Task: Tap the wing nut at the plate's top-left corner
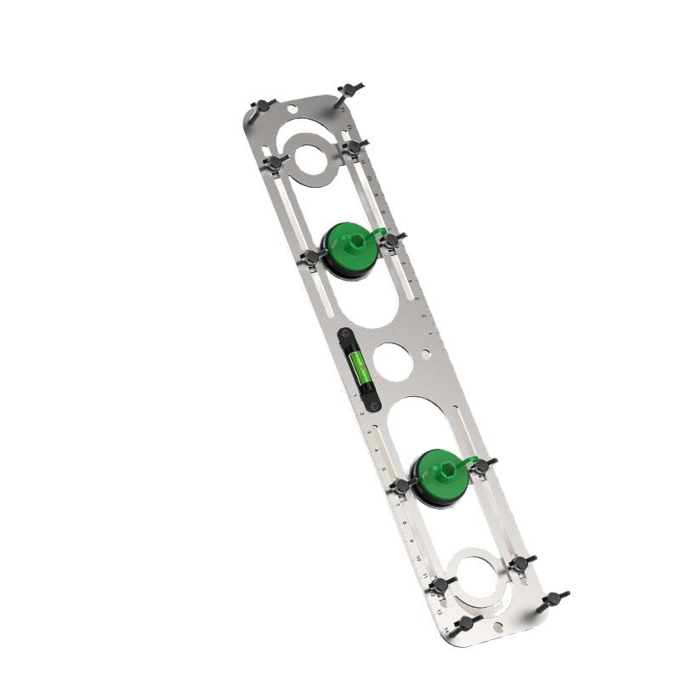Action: click(263, 105)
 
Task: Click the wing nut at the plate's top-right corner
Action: click(348, 90)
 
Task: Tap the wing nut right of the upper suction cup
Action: click(390, 241)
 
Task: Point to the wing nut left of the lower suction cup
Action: click(401, 486)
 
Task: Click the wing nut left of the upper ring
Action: click(274, 161)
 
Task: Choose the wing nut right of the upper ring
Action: click(353, 146)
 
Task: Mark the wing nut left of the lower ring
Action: click(439, 585)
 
